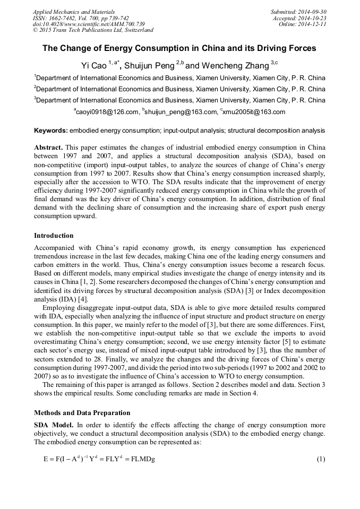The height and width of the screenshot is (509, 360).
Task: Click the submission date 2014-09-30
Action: point(312,12)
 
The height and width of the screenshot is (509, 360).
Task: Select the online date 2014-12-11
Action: point(313,24)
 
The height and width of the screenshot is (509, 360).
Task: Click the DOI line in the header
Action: point(89,24)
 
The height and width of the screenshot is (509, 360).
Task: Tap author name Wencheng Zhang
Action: point(234,66)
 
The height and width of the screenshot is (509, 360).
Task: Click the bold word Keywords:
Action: point(51,131)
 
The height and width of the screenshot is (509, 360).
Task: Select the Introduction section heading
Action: point(54,235)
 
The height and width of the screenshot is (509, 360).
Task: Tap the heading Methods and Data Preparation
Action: point(82,413)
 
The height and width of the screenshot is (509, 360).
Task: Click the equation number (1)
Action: point(320,459)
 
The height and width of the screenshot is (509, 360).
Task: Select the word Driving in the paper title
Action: point(268,48)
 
